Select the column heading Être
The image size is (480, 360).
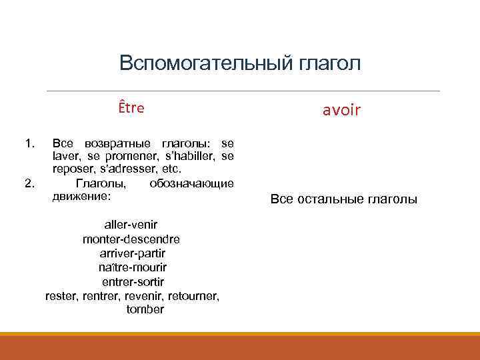click(131, 108)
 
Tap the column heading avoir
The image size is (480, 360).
click(341, 111)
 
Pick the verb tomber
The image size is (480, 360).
click(144, 309)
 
